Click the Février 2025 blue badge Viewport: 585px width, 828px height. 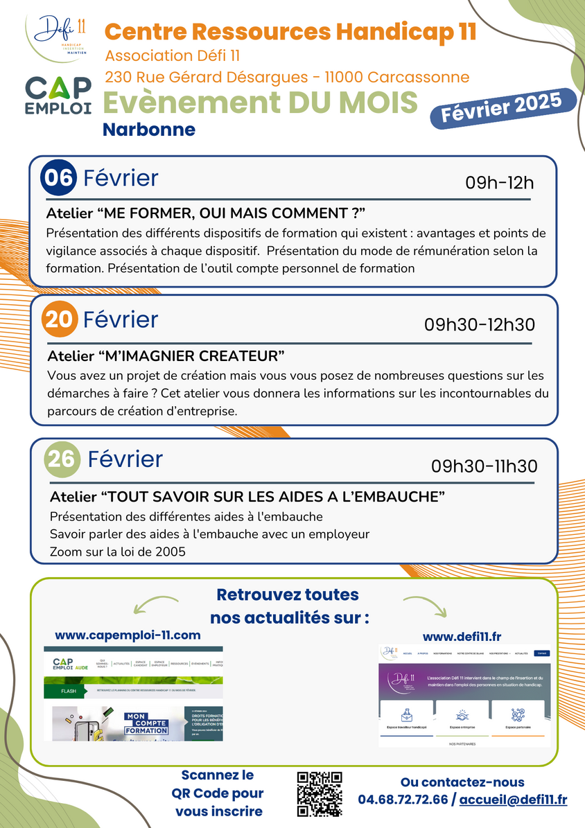(x=503, y=109)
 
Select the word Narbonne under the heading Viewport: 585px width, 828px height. (x=149, y=130)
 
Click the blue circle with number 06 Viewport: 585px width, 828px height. (x=59, y=178)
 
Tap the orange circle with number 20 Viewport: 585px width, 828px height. (x=60, y=319)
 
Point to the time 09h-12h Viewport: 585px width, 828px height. (x=499, y=183)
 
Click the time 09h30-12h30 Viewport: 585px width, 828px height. (x=480, y=324)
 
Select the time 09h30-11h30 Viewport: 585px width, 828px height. (x=484, y=466)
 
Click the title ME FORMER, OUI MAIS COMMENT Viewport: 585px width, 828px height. (x=206, y=211)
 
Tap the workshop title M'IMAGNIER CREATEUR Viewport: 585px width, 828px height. (x=167, y=356)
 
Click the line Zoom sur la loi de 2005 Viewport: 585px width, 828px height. (x=118, y=552)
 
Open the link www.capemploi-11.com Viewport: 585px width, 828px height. (x=128, y=635)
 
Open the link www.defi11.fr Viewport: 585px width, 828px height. (x=463, y=636)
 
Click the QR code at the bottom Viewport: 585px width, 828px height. (x=320, y=794)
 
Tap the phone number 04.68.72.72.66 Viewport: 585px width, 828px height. (x=403, y=800)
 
